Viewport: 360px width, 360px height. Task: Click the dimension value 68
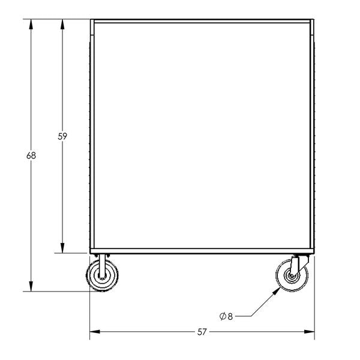pos(31,155)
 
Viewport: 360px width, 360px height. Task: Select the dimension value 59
pos(62,136)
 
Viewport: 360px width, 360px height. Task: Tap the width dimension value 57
pos(202,332)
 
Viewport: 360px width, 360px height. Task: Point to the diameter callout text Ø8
pos(226,316)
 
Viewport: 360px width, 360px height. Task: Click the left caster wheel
pos(102,275)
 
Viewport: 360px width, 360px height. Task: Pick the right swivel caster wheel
pos(292,275)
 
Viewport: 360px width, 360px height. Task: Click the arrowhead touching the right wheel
pos(277,290)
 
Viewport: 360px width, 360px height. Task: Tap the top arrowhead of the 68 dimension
pos(31,24)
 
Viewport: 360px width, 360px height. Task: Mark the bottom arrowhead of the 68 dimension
pos(31,286)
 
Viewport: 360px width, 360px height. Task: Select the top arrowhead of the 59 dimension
pos(62,24)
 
